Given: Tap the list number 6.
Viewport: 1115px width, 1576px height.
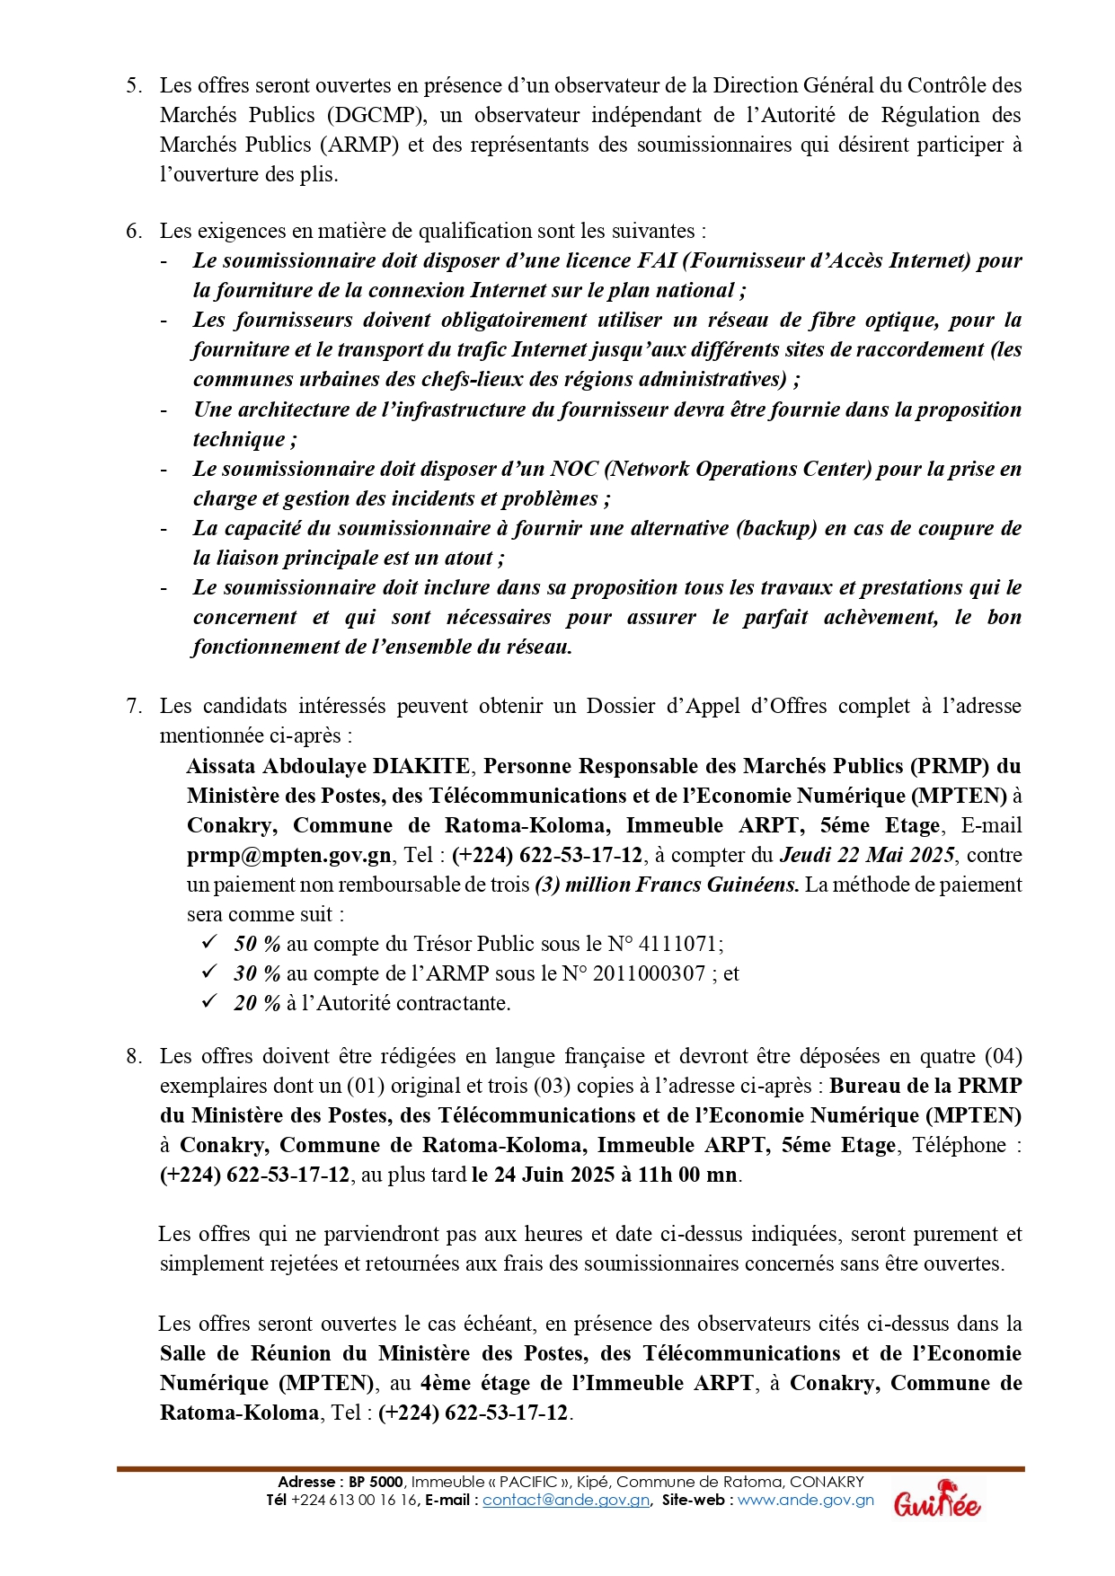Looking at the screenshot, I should pyautogui.click(x=134, y=231).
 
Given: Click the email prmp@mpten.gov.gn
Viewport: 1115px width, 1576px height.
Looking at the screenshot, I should pyautogui.click(x=289, y=855).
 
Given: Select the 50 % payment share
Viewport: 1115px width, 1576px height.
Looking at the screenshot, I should pyautogui.click(x=258, y=944).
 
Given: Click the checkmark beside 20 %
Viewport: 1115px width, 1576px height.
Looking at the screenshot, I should pyautogui.click(x=209, y=1002).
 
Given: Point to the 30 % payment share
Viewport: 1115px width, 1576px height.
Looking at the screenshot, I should pyautogui.click(x=258, y=973).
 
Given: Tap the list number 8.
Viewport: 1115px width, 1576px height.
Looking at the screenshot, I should pyautogui.click(x=134, y=1056).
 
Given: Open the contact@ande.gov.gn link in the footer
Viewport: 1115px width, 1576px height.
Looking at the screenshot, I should pyautogui.click(x=566, y=1501).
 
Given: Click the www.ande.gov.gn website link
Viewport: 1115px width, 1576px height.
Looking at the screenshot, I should pyautogui.click(x=806, y=1501).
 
